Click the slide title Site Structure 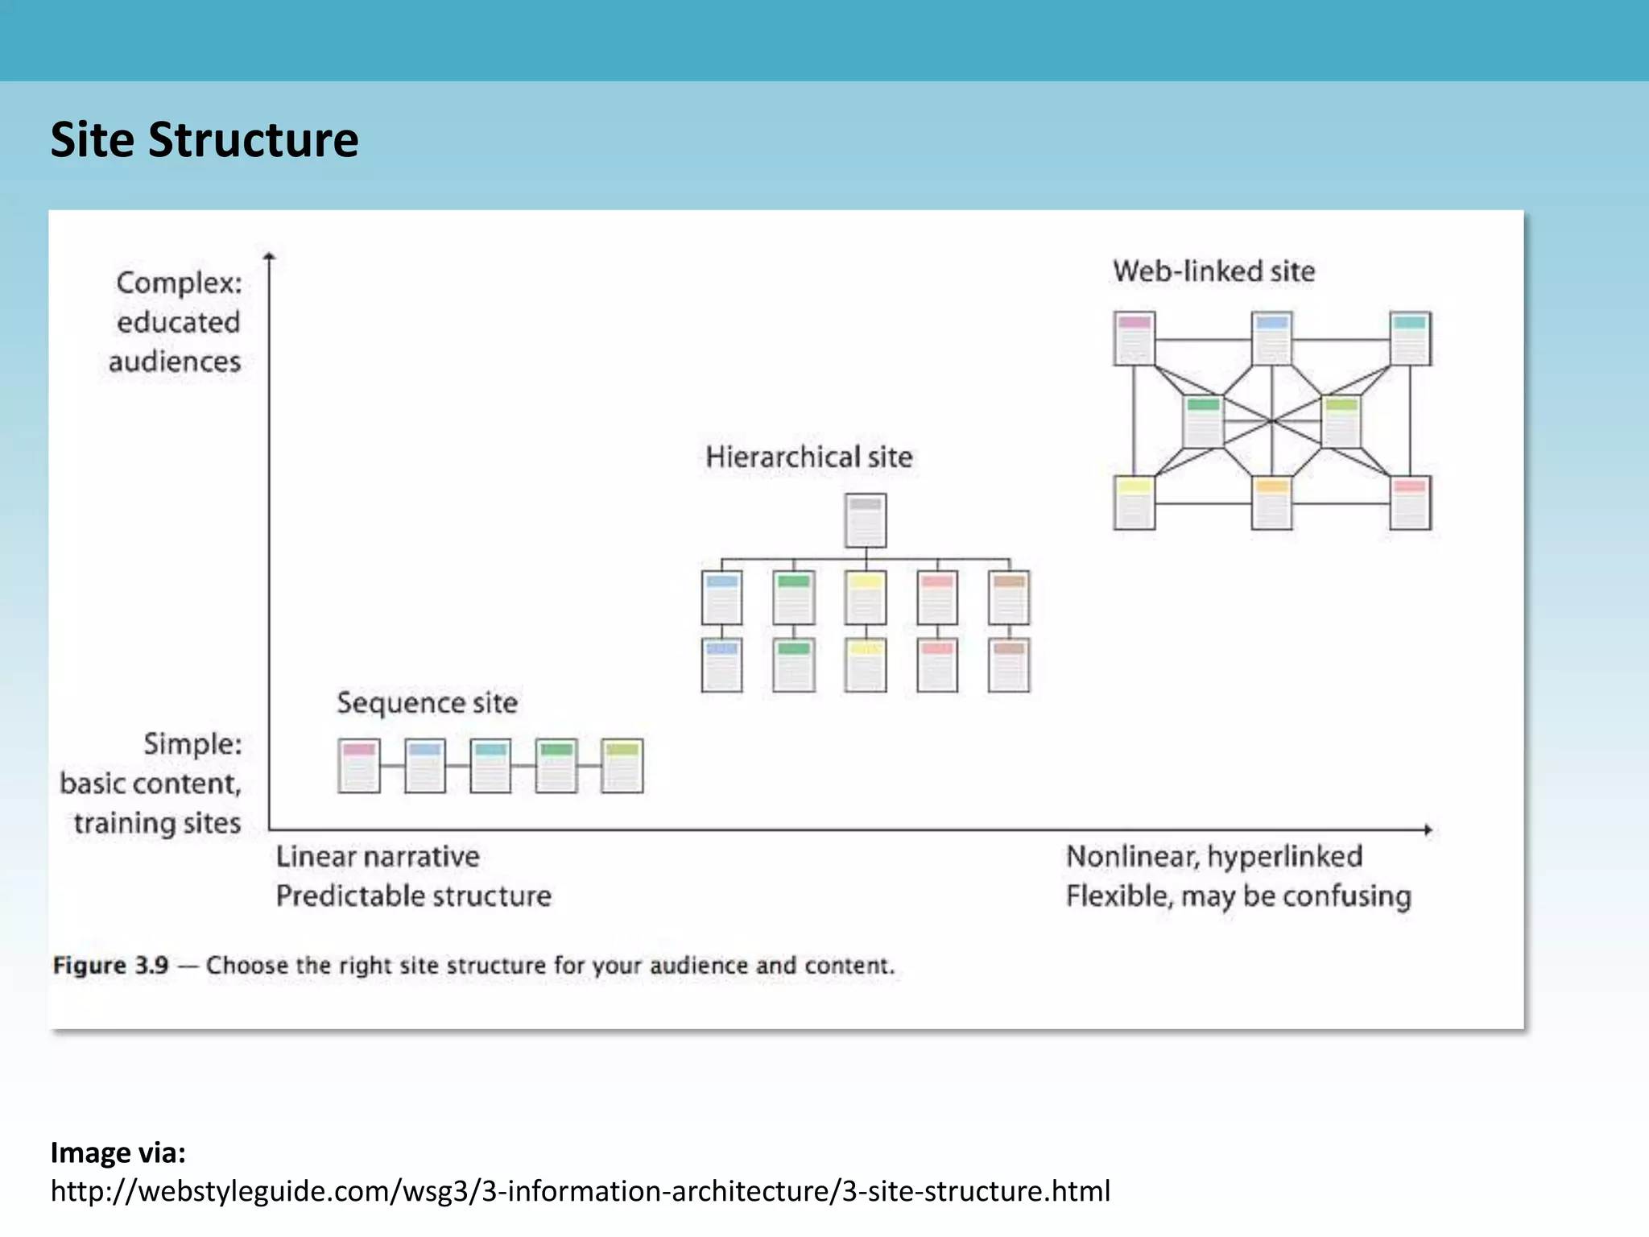tap(205, 139)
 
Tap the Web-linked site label tap(1213, 271)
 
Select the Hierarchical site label tap(808, 457)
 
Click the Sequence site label tap(427, 702)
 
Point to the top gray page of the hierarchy tap(866, 520)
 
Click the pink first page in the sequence tap(358, 766)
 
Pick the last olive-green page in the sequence tap(622, 766)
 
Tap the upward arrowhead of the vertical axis tap(270, 256)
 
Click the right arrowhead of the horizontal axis tap(1428, 829)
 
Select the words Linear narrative tap(377, 856)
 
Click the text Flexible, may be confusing tap(1238, 896)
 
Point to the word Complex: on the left tap(179, 283)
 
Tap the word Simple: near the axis tap(192, 743)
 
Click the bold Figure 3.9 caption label tap(110, 965)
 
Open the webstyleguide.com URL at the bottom tap(580, 1190)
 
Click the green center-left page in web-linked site tap(1203, 421)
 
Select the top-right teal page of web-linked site tap(1410, 338)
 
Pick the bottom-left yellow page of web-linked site tap(1134, 503)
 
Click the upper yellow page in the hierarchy tap(866, 598)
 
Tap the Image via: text tap(118, 1152)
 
